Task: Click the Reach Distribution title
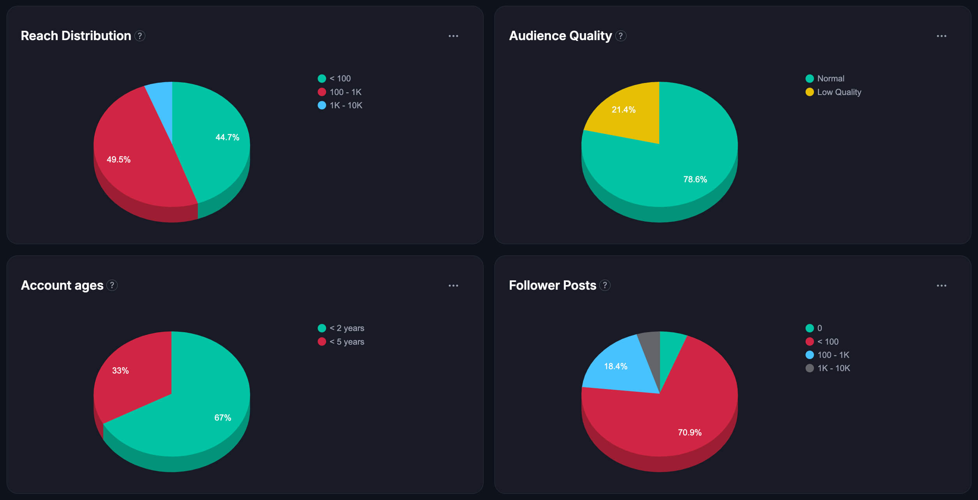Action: click(76, 36)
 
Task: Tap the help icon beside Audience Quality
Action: click(621, 36)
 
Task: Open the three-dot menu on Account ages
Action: click(453, 285)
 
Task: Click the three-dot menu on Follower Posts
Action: click(941, 285)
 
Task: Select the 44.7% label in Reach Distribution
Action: click(227, 137)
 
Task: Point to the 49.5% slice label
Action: click(118, 159)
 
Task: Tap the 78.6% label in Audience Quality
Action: click(695, 179)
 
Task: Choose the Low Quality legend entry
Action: click(839, 92)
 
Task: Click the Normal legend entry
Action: click(830, 78)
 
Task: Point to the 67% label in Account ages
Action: click(222, 417)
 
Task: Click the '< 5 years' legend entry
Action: click(346, 342)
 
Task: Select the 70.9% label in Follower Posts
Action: click(690, 432)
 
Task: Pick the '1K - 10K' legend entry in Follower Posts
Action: click(833, 368)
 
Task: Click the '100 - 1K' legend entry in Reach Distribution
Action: click(345, 92)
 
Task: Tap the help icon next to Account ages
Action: click(112, 285)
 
